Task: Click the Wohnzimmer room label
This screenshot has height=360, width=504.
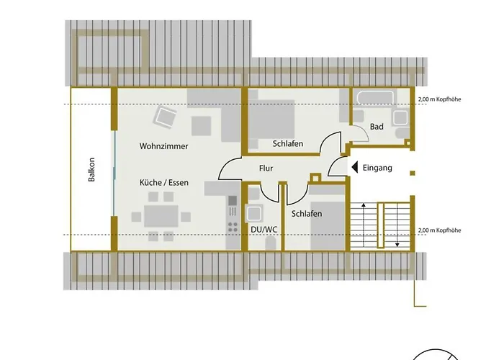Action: tap(163, 146)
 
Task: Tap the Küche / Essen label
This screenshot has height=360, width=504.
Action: tap(163, 183)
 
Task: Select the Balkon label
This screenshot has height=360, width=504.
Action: tap(91, 170)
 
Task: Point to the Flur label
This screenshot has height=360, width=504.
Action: tap(266, 169)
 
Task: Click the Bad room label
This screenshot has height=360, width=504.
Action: tap(377, 127)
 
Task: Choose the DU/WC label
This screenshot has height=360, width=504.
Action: tap(263, 230)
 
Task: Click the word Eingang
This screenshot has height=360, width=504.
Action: tap(377, 168)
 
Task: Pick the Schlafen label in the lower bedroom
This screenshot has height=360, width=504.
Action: tap(306, 215)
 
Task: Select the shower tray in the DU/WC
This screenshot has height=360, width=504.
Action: tap(255, 213)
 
